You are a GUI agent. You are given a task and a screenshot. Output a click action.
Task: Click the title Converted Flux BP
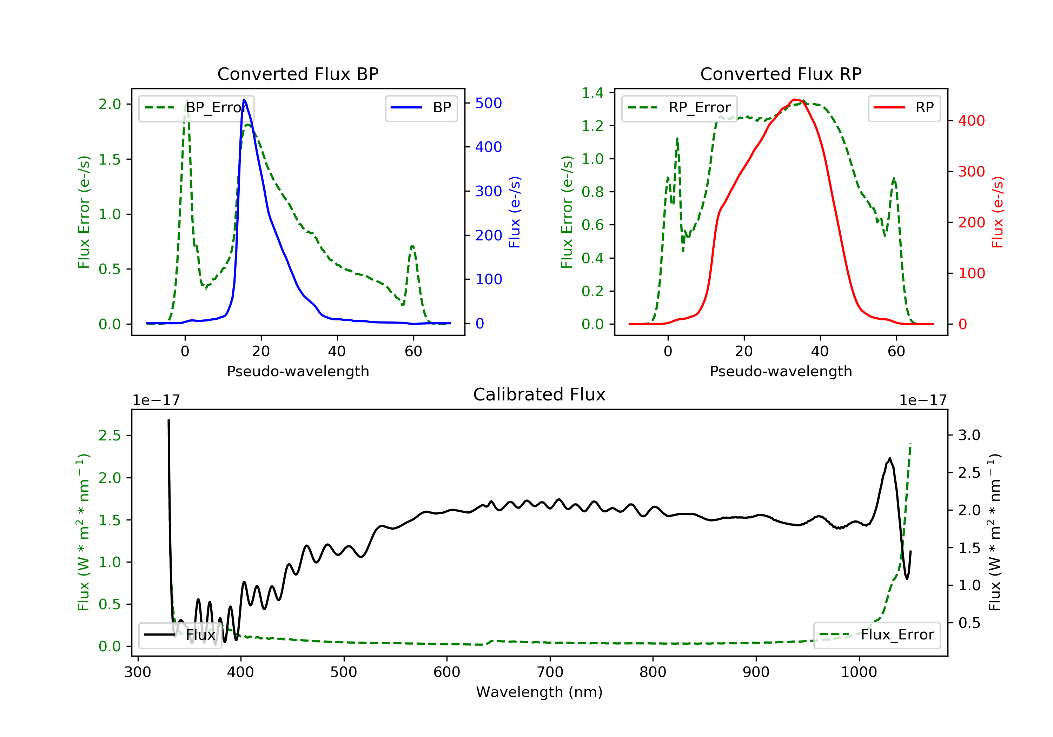pos(298,74)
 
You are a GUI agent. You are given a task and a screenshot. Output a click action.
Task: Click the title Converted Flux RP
pos(781,74)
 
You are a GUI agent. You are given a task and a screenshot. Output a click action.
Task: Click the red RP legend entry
pos(904,108)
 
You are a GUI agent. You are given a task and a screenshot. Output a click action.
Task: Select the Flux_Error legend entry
pos(877,635)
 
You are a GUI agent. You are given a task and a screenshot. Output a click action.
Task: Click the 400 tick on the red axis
pos(971,121)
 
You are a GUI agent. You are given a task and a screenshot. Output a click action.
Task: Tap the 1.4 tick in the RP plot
pos(592,93)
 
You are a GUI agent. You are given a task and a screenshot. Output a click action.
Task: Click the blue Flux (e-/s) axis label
pos(515,212)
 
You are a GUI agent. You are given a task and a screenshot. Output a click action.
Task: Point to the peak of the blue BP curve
pos(244,100)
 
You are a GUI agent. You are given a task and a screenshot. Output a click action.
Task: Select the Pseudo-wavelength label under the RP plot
pos(781,371)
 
